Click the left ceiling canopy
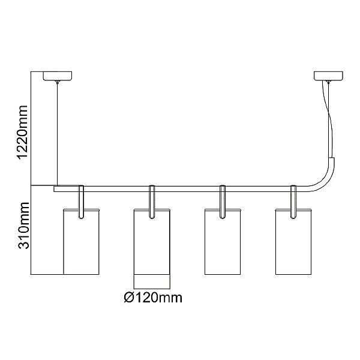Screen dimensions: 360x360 56,76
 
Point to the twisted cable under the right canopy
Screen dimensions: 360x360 329,120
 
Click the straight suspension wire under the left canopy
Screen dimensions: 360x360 56,132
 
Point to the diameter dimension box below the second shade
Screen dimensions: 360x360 152,280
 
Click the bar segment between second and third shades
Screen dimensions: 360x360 187,188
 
